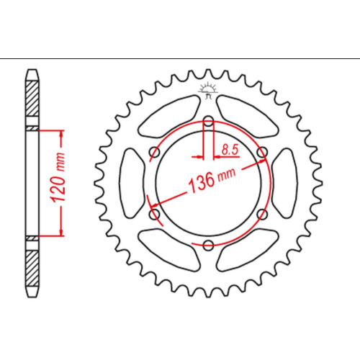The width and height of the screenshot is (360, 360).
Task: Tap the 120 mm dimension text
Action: click(58, 177)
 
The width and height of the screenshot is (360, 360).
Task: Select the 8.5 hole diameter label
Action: click(230, 150)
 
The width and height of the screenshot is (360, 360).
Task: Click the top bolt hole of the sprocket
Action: click(208, 122)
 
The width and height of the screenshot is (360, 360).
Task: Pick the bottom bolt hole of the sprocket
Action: click(208, 245)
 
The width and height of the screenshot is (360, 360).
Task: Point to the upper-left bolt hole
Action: click(155, 153)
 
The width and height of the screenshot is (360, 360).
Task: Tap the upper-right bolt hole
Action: click(262, 152)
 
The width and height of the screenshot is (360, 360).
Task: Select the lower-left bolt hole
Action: click(155, 214)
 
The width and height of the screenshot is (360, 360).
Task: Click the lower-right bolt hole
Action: click(262, 214)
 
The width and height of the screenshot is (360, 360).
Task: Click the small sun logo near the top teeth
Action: click(208, 90)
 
